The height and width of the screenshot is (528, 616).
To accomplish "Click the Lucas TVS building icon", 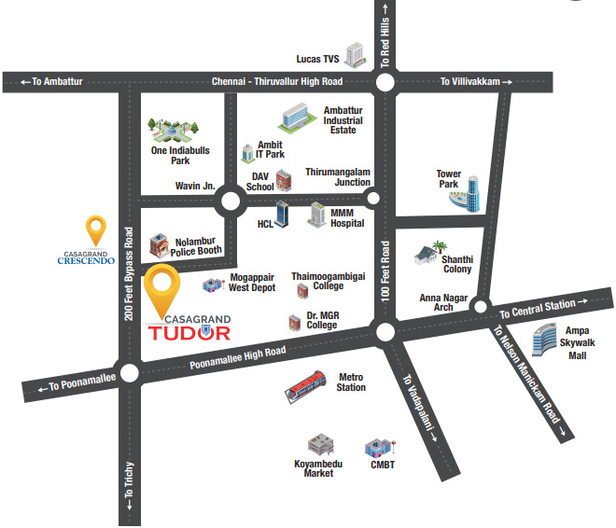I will point(354,55).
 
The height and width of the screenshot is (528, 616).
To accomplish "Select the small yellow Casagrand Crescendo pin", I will point(95,229).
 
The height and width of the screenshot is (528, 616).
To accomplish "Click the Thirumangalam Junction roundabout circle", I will point(373,199).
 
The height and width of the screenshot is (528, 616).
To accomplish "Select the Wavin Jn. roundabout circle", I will point(229,199).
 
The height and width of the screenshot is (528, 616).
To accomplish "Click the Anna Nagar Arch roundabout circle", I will point(480,305).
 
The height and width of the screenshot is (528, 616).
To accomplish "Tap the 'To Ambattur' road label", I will point(51,82).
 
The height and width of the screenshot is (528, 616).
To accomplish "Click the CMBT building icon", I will point(381,449).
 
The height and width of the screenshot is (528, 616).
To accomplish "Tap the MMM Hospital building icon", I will point(316,215).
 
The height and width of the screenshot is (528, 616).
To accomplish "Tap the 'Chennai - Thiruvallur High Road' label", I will point(276,82).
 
